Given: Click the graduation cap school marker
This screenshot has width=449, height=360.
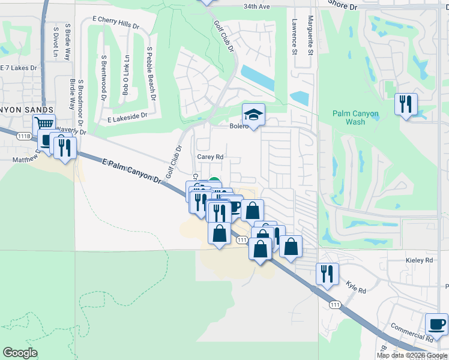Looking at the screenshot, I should pos(254,115).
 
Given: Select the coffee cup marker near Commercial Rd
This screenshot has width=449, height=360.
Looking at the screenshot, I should pos(436,325).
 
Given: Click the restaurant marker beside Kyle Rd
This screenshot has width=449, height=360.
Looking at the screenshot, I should pos(327,274).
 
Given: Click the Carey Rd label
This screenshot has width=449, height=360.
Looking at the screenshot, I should pos(210,157).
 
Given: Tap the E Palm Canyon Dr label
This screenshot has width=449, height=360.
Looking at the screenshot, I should pos(132,170).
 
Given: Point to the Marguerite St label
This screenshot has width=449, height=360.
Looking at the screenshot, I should pos(311,35).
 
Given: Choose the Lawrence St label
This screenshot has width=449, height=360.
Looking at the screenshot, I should pos(294,37).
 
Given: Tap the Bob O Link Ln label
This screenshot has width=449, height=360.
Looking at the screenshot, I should pos(126,75).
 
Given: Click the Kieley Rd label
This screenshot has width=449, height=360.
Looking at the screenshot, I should pos(420,260).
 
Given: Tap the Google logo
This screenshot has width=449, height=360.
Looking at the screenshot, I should pos(20,353).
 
